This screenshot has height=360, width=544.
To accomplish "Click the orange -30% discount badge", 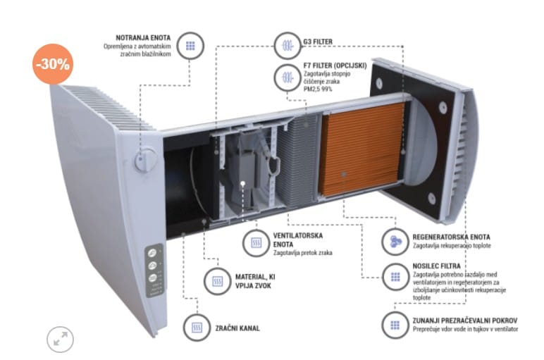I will (x=54, y=63).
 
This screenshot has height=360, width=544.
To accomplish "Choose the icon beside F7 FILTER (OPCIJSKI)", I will (x=287, y=76).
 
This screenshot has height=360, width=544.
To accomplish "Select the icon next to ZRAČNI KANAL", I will (x=197, y=328).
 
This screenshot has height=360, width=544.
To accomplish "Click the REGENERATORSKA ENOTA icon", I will (x=392, y=242).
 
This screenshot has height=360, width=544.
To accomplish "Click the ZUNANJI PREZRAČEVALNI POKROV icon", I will (x=392, y=325).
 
